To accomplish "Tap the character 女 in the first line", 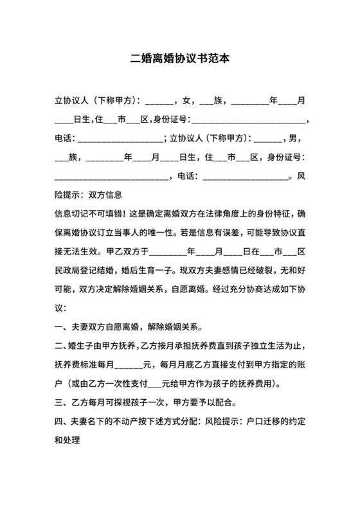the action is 186,101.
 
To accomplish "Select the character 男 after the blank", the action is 293,138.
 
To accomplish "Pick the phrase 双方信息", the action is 105,194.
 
